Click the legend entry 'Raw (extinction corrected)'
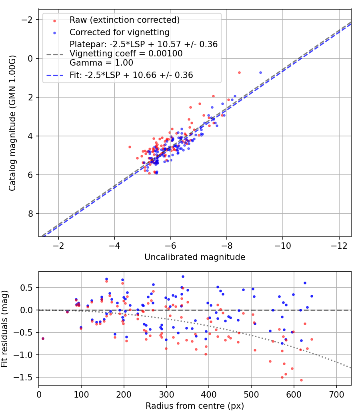[x=124, y=20]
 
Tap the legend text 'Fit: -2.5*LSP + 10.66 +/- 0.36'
[x=131, y=75]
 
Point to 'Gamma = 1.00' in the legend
[x=101, y=62]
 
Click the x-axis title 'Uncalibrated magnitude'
[x=195, y=257]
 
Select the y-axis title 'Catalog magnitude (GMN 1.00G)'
[x=13, y=123]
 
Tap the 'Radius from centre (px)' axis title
[x=195, y=406]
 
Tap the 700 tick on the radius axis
[x=336, y=394]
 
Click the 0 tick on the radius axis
[x=39, y=394]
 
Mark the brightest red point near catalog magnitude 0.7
[x=239, y=72]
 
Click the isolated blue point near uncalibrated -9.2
[x=260, y=72]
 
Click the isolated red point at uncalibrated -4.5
[x=130, y=147]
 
